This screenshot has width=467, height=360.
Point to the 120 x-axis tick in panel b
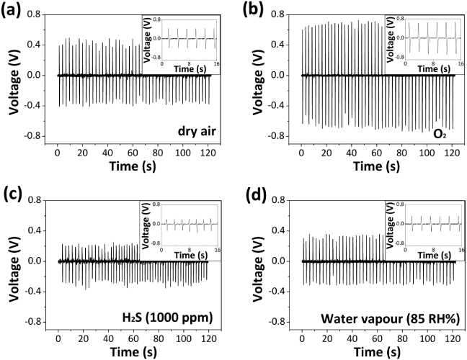click(x=449, y=153)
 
